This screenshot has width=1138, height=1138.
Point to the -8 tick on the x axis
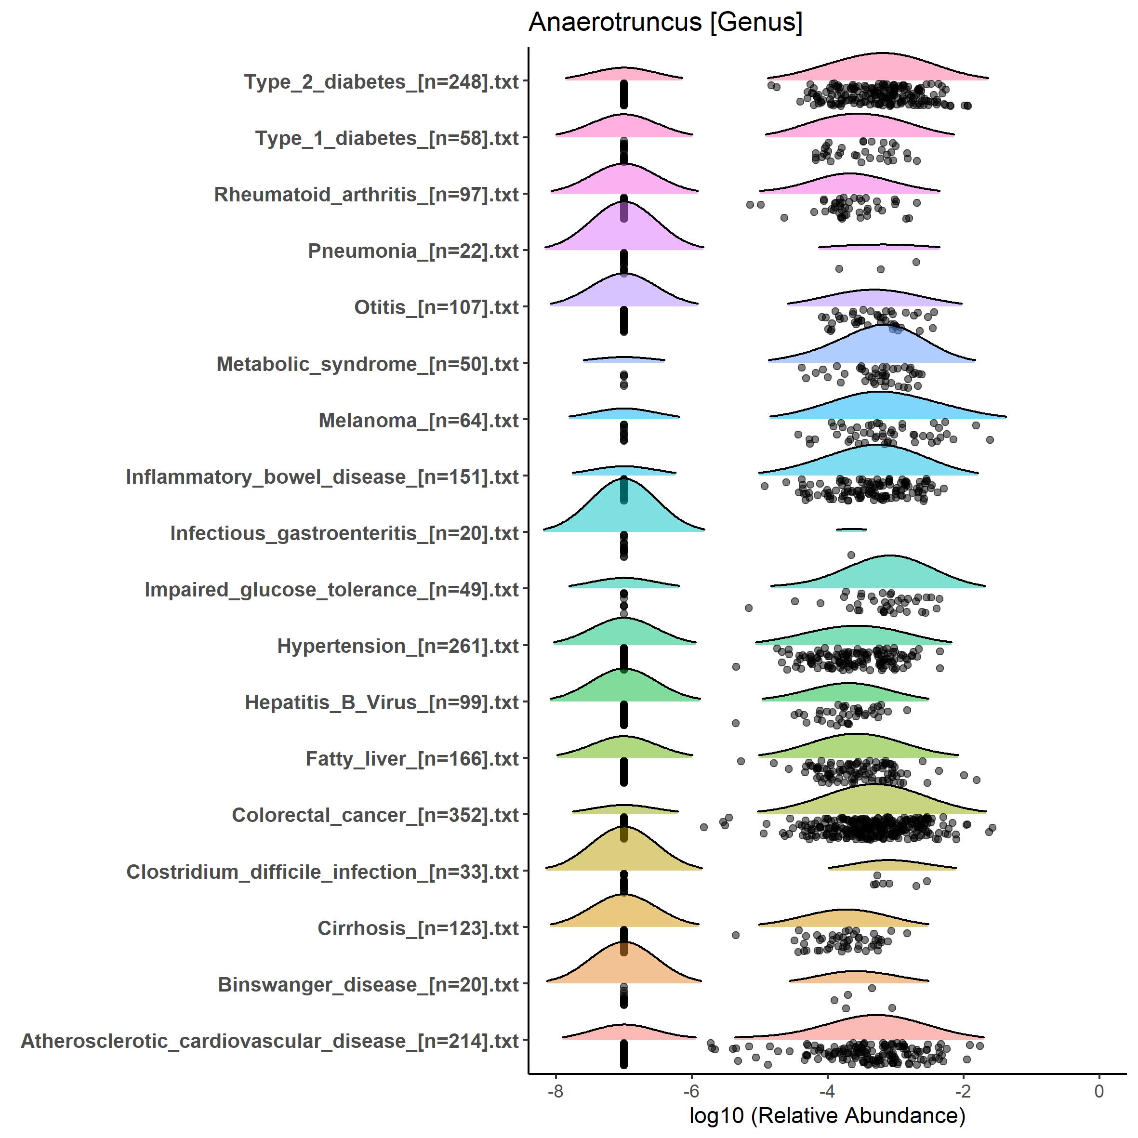tap(556, 1091)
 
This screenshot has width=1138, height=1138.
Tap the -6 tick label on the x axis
tap(691, 1091)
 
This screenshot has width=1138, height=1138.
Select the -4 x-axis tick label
tap(827, 1091)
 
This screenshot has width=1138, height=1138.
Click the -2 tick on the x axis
tap(963, 1091)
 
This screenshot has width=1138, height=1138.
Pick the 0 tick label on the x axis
tap(1098, 1091)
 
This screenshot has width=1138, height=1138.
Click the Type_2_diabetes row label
tap(381, 82)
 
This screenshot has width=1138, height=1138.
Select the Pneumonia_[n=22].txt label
tap(413, 251)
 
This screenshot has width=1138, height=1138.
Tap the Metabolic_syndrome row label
tap(368, 365)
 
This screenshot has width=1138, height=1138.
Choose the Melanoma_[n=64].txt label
tap(418, 421)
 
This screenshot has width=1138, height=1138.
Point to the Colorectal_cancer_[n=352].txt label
tap(375, 816)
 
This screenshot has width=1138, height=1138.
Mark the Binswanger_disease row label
tap(368, 985)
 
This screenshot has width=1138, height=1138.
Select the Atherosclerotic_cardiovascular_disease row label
tap(270, 1041)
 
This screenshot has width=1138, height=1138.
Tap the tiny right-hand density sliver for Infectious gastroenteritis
tap(851, 529)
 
